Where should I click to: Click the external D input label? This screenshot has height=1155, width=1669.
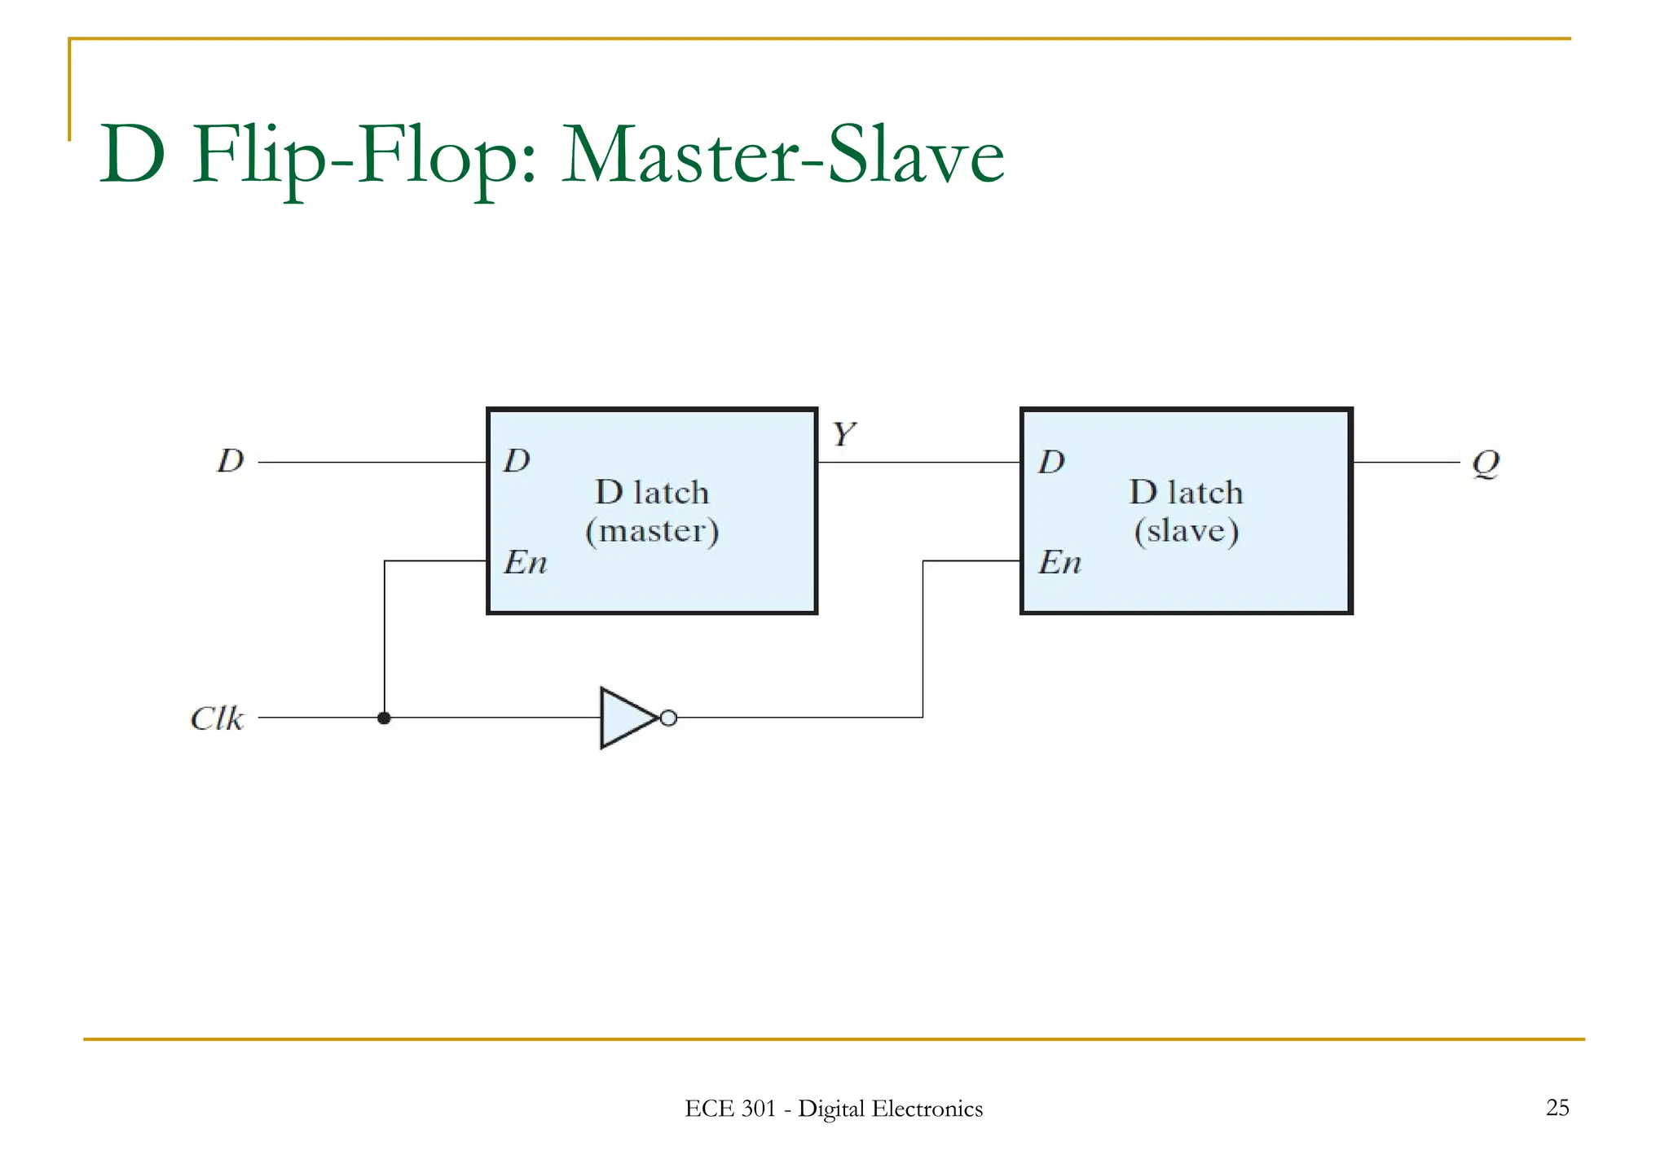click(231, 461)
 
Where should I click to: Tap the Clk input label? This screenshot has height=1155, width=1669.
click(217, 718)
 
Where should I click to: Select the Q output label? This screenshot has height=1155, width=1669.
click(1485, 463)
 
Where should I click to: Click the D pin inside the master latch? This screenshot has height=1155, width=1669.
click(517, 461)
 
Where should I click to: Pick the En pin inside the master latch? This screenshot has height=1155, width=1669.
click(525, 562)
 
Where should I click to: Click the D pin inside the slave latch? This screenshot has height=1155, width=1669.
click(1051, 462)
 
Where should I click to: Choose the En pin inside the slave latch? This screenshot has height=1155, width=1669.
click(1059, 562)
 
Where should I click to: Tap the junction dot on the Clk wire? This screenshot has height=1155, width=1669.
click(384, 718)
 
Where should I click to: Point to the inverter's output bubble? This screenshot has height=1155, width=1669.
click(668, 718)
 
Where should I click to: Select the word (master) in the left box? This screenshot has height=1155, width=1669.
click(652, 531)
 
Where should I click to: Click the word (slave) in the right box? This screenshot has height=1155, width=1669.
click(1187, 531)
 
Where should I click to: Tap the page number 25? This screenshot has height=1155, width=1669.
click(1557, 1107)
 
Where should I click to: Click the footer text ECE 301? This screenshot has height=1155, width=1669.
click(729, 1109)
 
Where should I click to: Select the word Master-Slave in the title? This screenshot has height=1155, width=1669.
click(782, 155)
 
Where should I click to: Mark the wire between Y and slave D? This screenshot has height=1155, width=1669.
click(919, 462)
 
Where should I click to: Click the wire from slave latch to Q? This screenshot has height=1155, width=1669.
click(1406, 462)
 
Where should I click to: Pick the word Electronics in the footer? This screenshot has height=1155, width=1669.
click(927, 1109)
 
